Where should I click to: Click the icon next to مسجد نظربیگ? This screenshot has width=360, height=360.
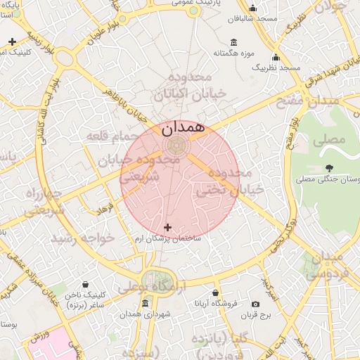[276, 58]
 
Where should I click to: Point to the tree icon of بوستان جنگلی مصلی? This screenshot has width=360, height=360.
[330, 167]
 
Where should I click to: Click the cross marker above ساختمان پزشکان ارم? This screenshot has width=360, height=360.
[167, 227]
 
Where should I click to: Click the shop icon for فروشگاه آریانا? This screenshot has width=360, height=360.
[215, 293]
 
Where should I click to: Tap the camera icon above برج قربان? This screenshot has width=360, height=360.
[264, 304]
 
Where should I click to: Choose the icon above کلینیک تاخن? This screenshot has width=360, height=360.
[85, 285]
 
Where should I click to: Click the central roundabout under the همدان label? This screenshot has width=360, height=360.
[175, 146]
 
